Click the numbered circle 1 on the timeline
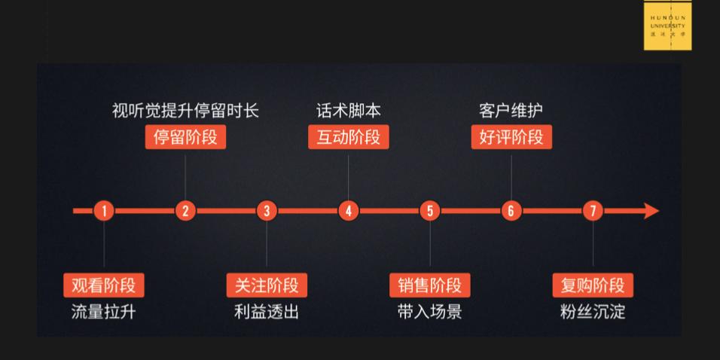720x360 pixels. click(x=104, y=211)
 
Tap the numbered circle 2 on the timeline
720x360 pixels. click(x=185, y=211)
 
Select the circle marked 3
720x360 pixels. click(x=267, y=211)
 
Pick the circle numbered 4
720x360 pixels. click(x=348, y=211)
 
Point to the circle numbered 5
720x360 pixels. click(x=429, y=211)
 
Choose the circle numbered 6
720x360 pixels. click(x=511, y=211)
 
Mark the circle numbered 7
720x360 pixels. click(x=593, y=211)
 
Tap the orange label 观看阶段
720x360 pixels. click(x=104, y=285)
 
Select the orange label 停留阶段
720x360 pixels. click(x=185, y=138)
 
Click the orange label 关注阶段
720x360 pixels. click(x=267, y=285)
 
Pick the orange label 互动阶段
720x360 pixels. click(x=348, y=138)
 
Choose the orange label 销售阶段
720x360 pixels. click(x=429, y=285)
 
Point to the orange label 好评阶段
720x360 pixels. click(x=511, y=138)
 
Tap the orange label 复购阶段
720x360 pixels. click(x=593, y=285)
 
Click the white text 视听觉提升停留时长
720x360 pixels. click(x=185, y=111)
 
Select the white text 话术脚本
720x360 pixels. click(x=348, y=111)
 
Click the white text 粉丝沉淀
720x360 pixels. click(x=593, y=312)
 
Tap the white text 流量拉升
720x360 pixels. click(x=104, y=312)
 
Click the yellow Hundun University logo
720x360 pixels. click(x=667, y=27)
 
